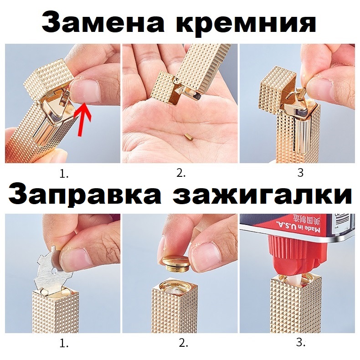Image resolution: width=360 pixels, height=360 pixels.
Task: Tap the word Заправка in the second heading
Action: click(84, 195)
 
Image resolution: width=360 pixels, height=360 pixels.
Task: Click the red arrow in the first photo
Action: click(82, 119)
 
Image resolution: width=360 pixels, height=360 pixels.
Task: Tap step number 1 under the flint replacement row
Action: click(64, 175)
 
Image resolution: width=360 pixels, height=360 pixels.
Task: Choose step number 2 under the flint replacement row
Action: click(181, 174)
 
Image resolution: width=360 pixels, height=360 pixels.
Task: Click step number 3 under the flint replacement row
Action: click(300, 173)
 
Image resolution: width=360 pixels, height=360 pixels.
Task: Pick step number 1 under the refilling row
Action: click(64, 344)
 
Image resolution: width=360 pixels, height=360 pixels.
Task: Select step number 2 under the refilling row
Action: click(184, 344)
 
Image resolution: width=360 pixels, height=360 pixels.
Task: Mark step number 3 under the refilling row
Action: click(301, 343)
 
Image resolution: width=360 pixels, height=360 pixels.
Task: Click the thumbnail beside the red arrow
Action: click(85, 92)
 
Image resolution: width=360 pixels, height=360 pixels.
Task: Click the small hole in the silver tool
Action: click(54, 272)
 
